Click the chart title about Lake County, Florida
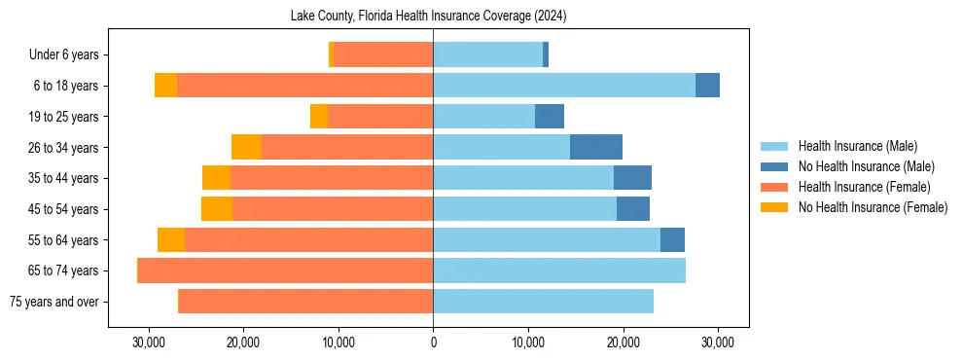click(428, 16)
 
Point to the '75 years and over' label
click(53, 302)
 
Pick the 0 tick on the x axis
click(433, 343)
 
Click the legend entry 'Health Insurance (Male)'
click(857, 146)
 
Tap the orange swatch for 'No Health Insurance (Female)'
click(775, 207)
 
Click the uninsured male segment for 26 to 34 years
click(596, 147)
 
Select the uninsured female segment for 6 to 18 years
click(165, 86)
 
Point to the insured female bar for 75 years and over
click(305, 302)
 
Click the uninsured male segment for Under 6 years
click(546, 55)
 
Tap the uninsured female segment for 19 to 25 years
click(319, 117)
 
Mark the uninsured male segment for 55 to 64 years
click(672, 239)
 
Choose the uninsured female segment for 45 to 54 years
click(217, 209)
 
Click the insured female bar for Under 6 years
click(383, 55)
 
